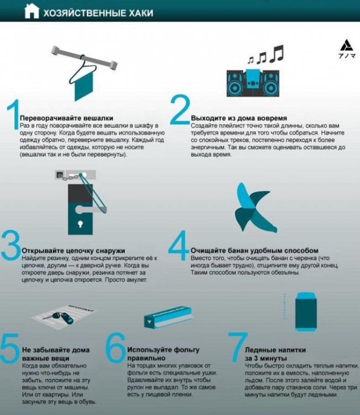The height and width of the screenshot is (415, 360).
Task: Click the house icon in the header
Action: point(32,12)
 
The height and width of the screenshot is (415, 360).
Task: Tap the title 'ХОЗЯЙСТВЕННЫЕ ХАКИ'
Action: point(98,13)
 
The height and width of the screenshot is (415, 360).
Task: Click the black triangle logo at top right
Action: point(347,45)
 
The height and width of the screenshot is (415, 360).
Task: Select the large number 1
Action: point(13,115)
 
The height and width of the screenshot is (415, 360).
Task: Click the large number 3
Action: point(11,245)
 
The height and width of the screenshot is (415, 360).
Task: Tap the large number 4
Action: point(179,245)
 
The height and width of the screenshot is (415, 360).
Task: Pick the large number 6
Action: point(116,347)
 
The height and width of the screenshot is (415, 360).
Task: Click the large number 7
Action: point(238,347)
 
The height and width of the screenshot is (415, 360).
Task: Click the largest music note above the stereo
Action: point(276,54)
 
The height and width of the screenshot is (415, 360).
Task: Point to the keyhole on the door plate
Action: point(80,224)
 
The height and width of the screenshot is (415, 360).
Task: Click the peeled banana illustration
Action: point(255,208)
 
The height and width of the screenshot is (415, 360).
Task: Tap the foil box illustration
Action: point(168,318)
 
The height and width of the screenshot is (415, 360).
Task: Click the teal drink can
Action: point(306,312)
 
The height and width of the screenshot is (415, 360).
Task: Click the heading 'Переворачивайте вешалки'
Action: point(66,118)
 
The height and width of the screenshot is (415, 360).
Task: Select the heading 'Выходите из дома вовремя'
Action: point(239,118)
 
